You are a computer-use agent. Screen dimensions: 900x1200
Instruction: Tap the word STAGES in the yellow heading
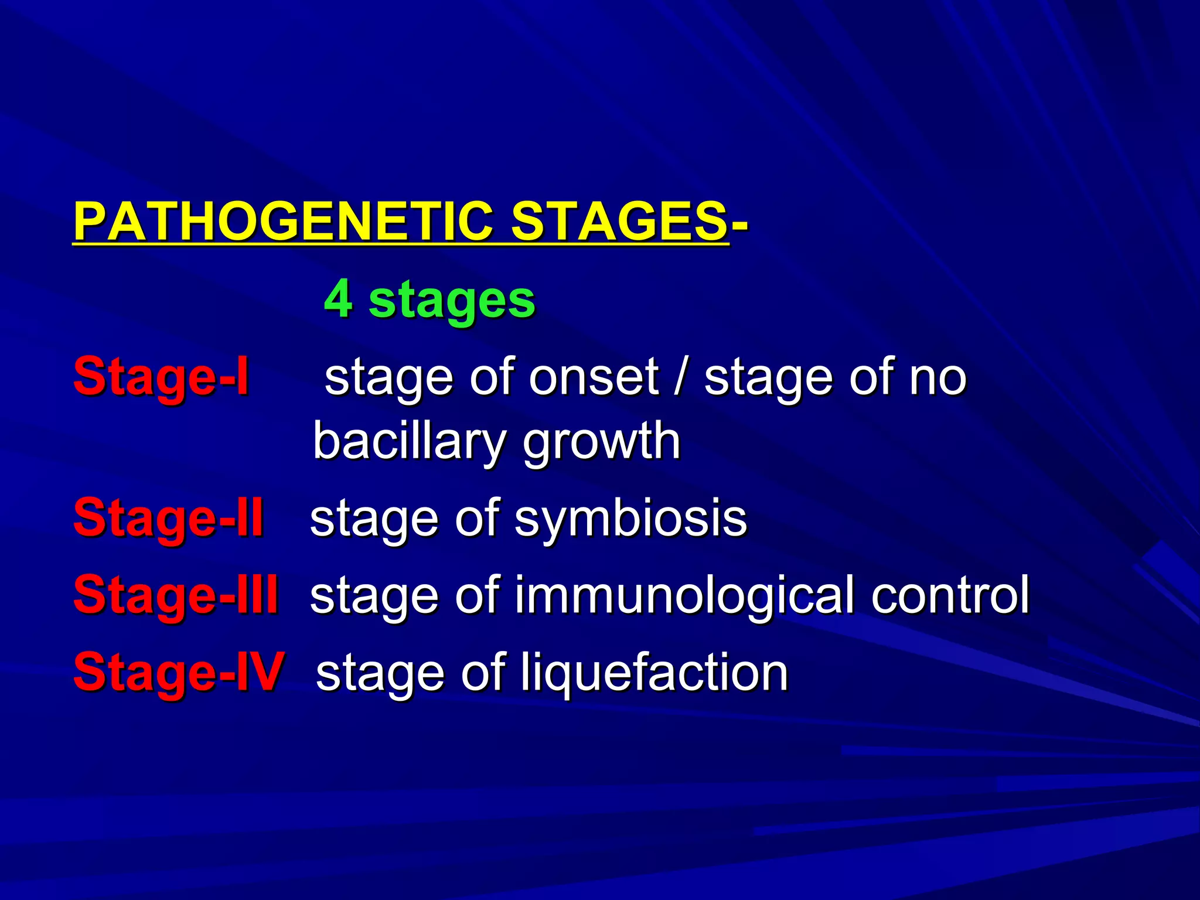click(619, 223)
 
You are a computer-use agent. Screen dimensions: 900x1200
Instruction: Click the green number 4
click(338, 299)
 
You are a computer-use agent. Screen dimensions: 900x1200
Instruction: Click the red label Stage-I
click(161, 377)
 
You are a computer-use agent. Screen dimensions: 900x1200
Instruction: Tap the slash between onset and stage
click(680, 377)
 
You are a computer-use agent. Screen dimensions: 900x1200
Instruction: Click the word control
click(950, 595)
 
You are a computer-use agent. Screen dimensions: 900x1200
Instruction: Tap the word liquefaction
click(654, 673)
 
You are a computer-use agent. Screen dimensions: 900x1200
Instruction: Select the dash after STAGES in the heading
click(739, 223)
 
